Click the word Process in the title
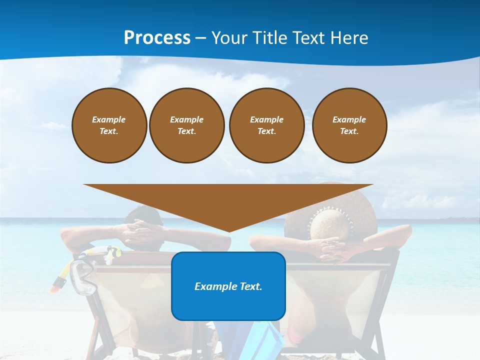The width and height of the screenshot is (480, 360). coord(157,38)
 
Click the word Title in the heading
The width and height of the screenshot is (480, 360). coord(270,38)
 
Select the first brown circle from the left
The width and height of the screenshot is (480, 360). coord(109,125)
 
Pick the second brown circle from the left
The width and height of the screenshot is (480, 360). coord(187,125)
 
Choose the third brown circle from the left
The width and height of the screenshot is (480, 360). coord(266,125)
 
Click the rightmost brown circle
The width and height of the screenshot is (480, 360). coord(349,125)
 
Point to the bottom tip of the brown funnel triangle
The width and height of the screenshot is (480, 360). coord(228,231)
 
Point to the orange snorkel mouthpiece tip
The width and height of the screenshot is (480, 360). coord(57,285)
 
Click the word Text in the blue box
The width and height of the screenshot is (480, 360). coord(250,286)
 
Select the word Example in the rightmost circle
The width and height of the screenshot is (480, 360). coord(349,119)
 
